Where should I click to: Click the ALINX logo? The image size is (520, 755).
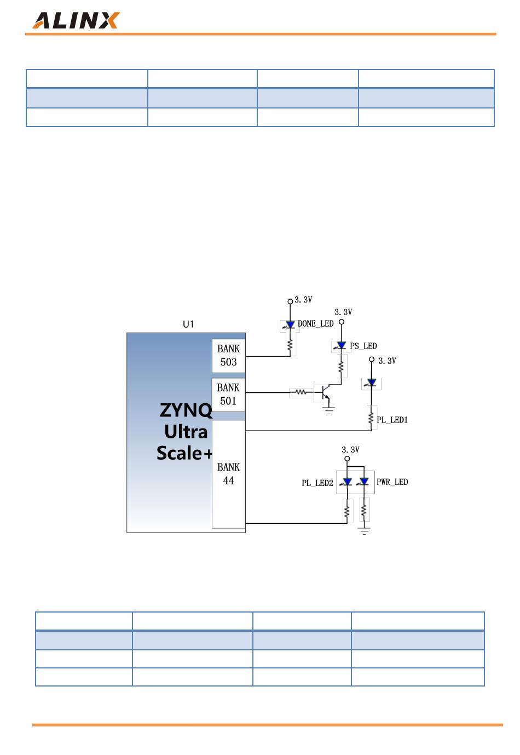pos(76,21)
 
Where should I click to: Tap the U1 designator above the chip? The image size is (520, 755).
pos(188,324)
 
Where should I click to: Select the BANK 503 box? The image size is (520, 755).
pos(228,356)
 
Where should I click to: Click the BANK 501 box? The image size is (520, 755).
pos(228,394)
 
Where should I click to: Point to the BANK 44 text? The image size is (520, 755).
pos(228,474)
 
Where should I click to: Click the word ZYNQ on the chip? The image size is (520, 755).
pos(186,410)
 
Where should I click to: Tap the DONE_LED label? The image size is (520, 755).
pos(316,324)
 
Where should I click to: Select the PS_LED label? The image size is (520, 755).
pos(363,346)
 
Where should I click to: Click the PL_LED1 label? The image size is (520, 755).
pos(392,420)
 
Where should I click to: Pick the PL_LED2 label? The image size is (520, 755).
pos(317,483)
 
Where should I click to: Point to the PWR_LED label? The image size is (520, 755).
pos(392,482)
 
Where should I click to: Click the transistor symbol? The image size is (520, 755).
pos(324,393)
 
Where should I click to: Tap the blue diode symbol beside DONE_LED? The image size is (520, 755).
pos(290,324)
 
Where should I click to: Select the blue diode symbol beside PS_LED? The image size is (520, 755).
pos(341,346)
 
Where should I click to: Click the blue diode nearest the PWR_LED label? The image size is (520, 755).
pos(364,481)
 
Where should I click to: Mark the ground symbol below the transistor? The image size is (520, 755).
pos(329,409)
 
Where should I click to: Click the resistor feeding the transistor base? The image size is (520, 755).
pos(301,392)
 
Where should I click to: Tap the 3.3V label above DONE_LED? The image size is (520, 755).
pos(303,300)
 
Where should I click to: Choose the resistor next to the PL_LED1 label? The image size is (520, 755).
pos(371,418)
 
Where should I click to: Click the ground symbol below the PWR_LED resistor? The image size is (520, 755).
pos(364,531)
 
